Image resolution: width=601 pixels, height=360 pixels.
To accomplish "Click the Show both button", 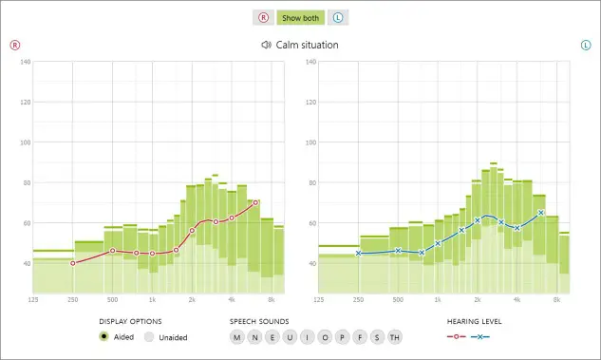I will pyautogui.click(x=300, y=18).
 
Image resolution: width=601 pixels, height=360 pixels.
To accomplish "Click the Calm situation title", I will pyautogui.click(x=307, y=45).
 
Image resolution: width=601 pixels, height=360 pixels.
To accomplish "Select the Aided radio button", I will pyautogui.click(x=103, y=337).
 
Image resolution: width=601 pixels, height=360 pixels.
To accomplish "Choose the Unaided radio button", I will pyautogui.click(x=149, y=337).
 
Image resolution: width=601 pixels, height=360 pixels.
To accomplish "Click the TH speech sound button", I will pyautogui.click(x=394, y=337).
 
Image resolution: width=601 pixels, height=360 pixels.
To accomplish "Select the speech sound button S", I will pyautogui.click(x=376, y=337).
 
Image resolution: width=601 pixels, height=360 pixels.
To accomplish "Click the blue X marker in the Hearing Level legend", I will pyautogui.click(x=481, y=337).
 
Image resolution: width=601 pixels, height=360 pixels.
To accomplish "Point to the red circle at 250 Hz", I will pyautogui.click(x=73, y=263).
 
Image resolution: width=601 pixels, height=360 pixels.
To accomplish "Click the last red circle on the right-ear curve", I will pyautogui.click(x=255, y=202).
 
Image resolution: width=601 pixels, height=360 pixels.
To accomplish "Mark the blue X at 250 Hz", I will pyautogui.click(x=358, y=253).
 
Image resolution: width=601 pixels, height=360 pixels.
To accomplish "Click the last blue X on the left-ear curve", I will pyautogui.click(x=540, y=213).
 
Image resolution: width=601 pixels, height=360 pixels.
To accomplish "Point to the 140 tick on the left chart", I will pyautogui.click(x=25, y=63).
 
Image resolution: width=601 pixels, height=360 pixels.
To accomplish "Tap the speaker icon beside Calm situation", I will pyautogui.click(x=266, y=45).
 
